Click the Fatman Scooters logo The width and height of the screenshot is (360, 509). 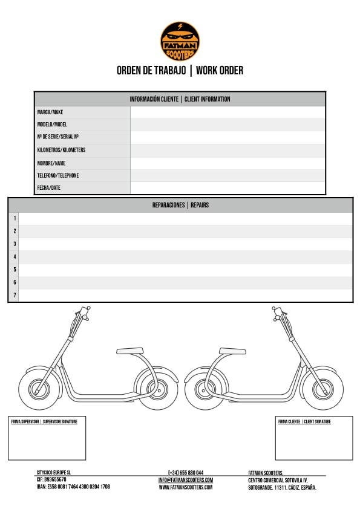tap(180, 41)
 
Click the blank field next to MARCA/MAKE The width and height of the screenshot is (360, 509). tap(227, 112)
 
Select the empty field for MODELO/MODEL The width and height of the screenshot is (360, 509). tap(227, 125)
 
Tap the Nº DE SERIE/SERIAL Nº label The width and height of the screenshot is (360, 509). tap(58, 137)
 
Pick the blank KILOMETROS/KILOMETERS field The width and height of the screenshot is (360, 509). tap(227, 151)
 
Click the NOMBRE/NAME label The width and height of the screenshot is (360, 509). tap(51, 163)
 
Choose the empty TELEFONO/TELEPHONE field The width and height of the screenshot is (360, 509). tap(227, 176)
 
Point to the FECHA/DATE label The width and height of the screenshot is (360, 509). tap(49, 187)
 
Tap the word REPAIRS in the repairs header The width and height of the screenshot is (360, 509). tap(200, 205)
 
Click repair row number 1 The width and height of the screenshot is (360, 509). tap(186, 219)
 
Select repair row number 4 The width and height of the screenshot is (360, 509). tap(186, 257)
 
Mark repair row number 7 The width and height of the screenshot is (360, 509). tap(186, 296)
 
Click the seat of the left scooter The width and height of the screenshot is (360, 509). tap(130, 351)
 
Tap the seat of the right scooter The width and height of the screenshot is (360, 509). tap(232, 351)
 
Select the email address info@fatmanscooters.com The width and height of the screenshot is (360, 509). tap(186, 480)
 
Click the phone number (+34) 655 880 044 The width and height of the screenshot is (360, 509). tap(186, 473)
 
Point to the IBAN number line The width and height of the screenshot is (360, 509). tap(73, 487)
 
